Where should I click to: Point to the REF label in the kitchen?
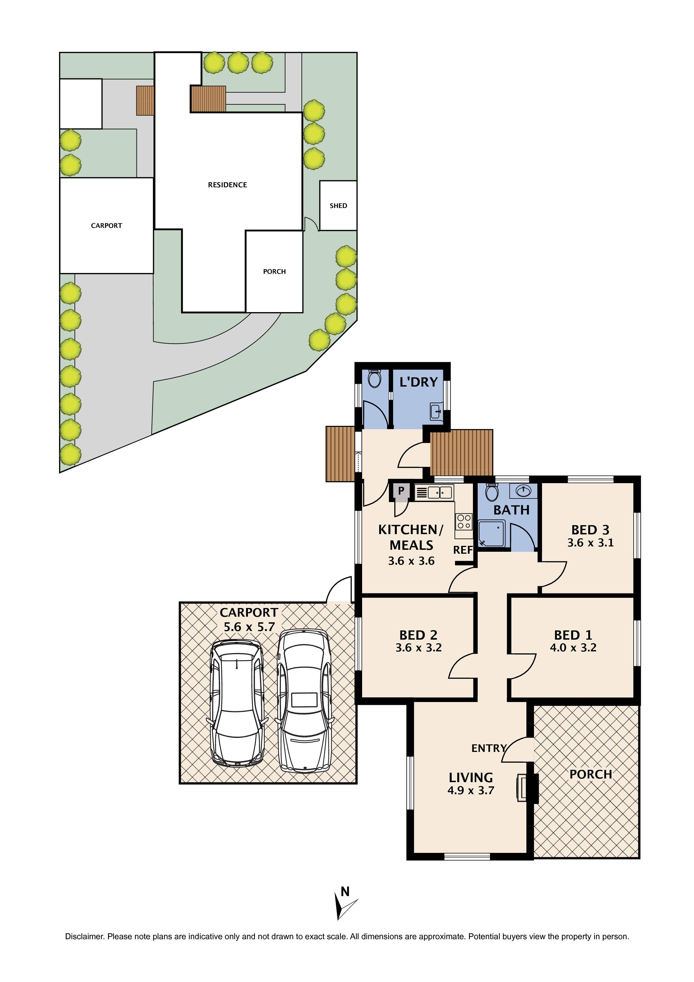(x=463, y=550)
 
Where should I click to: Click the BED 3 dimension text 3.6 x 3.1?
(x=590, y=543)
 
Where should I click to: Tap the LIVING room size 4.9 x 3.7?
(x=470, y=791)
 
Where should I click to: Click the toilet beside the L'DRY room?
(x=374, y=378)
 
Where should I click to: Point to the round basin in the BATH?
(x=523, y=490)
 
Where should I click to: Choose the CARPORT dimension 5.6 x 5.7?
(x=249, y=627)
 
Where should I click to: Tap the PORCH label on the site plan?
(x=274, y=272)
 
